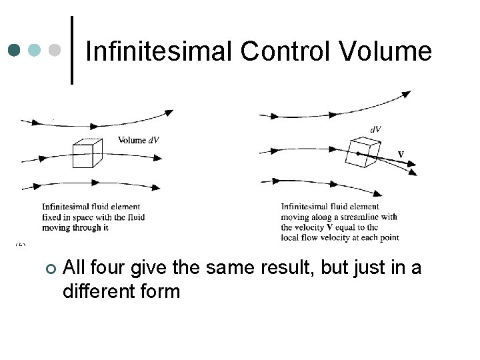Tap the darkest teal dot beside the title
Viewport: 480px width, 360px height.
pos(15,51)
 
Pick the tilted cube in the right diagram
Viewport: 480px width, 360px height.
pos(363,153)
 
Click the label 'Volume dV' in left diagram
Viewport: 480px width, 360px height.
pos(139,140)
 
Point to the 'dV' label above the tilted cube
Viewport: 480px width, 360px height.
pos(376,129)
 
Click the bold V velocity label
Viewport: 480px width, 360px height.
pos(401,154)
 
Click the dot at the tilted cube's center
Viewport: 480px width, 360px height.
pos(359,154)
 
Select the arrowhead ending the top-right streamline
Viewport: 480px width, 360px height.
pos(405,94)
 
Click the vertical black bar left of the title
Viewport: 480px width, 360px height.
pos(72,51)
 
